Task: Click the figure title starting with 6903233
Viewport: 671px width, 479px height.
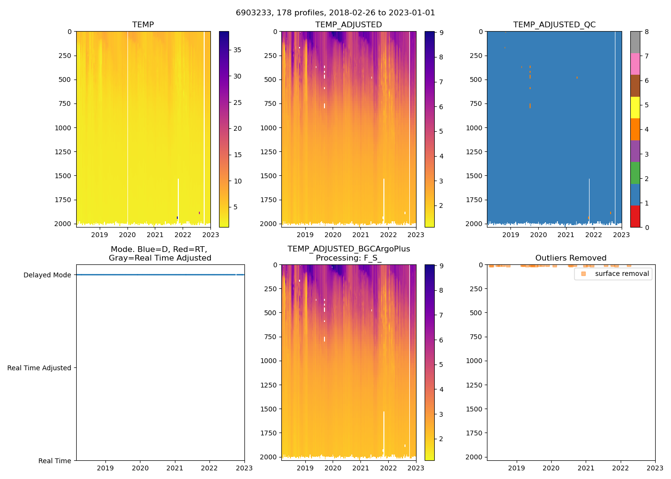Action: [335, 13]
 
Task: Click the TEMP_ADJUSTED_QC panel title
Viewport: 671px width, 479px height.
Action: [554, 25]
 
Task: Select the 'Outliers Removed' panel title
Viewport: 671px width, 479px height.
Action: [570, 258]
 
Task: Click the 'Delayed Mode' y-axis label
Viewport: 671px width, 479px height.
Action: [47, 275]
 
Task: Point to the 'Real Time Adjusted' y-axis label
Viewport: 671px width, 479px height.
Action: [39, 368]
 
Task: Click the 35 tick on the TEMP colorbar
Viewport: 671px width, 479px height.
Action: [237, 50]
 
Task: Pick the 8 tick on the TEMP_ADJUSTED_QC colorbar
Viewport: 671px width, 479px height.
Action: [647, 32]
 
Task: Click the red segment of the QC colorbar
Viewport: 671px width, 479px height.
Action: [635, 216]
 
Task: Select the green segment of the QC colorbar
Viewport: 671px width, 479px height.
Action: [635, 173]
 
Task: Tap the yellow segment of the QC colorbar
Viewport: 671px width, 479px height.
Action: [635, 108]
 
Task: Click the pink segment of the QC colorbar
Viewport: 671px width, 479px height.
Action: [635, 64]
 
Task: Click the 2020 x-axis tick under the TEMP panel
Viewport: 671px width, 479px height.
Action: [127, 235]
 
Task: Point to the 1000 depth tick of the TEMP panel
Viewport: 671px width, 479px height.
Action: [63, 128]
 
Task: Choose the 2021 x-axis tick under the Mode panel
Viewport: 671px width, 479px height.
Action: [175, 468]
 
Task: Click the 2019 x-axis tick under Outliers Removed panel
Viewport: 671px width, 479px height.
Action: [516, 468]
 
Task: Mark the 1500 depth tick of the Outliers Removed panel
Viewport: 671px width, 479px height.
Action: [474, 409]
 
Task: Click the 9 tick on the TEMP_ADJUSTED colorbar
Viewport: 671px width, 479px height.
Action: [441, 33]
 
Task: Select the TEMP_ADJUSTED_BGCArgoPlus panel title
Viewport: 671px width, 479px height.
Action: [348, 253]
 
